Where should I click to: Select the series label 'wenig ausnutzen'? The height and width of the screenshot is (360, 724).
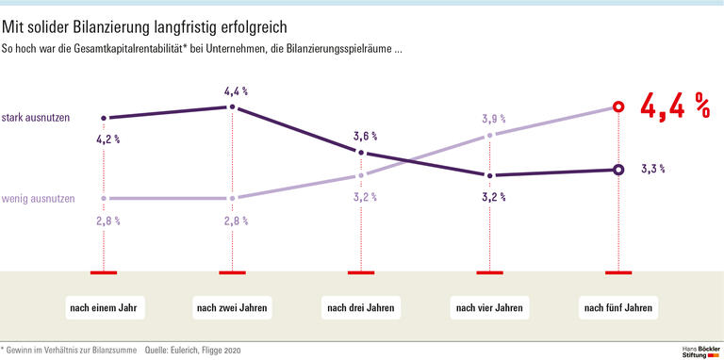[39, 199]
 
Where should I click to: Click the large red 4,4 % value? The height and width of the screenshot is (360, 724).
[674, 107]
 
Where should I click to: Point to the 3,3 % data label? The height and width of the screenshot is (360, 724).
[653, 170]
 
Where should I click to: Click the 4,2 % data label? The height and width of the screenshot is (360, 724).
[107, 139]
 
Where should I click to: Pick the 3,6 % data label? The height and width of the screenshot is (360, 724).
[365, 136]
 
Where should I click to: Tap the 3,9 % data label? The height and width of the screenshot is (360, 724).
[493, 120]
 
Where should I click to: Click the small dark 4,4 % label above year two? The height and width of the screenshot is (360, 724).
[236, 91]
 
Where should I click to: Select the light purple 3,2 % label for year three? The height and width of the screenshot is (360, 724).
[365, 197]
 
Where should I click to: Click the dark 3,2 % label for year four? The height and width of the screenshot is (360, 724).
[493, 198]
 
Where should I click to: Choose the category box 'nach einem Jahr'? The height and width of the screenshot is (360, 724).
[103, 308]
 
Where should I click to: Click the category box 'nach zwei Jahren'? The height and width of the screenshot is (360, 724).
[232, 308]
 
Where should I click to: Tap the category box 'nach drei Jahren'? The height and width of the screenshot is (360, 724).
[361, 308]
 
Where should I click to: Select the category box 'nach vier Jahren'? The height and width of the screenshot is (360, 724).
[489, 308]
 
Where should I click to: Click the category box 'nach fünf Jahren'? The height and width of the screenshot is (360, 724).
[617, 308]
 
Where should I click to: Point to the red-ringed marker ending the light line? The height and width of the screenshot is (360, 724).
[617, 107]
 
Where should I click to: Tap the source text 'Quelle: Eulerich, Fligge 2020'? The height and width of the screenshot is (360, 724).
[193, 350]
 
